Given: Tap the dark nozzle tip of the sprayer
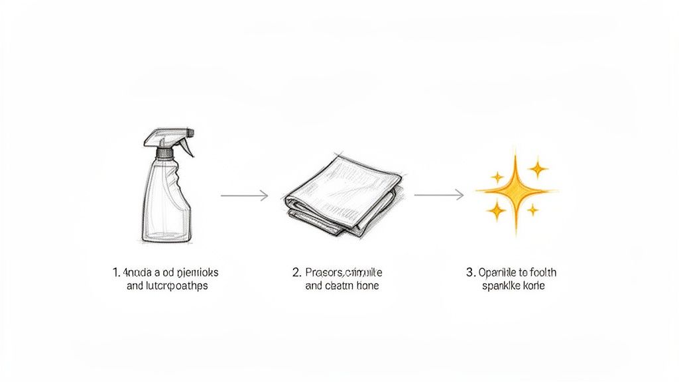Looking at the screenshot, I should [191, 133].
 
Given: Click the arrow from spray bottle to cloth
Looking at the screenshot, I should [244, 195].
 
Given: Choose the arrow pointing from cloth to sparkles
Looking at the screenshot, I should [438, 194].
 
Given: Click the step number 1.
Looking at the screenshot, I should [116, 272].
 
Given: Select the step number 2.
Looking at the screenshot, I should [296, 272].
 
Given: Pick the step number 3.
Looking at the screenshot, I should [470, 272].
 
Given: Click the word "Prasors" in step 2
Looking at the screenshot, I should [324, 272].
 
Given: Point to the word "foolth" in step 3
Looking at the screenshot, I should [541, 272].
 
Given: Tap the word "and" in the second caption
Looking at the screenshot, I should [314, 286].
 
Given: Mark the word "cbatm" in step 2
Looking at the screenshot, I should [341, 286].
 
